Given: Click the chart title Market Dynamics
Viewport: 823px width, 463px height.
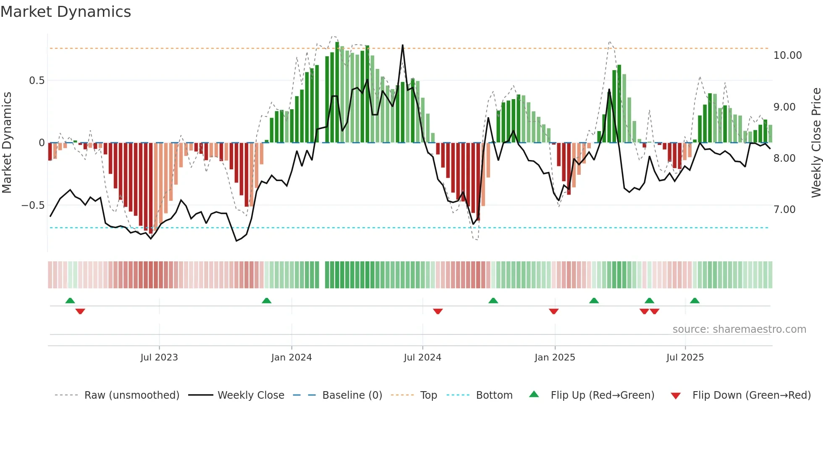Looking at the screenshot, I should (66, 12).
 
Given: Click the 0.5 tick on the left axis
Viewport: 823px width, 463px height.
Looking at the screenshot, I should (37, 81).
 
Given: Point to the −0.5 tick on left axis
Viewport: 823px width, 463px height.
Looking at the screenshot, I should (33, 205).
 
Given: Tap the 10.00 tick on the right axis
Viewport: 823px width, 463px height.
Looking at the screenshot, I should (787, 55).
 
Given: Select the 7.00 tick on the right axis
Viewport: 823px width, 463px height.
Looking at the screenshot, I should (784, 210).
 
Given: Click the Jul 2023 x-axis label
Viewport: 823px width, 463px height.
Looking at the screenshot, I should (159, 358).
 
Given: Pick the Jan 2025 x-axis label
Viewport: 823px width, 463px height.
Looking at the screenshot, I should (555, 358).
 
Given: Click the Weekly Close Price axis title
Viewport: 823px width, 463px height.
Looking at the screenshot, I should (816, 143).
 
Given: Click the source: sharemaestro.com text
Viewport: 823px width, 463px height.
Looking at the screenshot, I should (739, 329).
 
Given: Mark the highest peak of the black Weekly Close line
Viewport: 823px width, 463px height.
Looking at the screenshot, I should (403, 45).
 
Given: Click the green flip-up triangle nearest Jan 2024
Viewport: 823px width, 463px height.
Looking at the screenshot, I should (267, 300).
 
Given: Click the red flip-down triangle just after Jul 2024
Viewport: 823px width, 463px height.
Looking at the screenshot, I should (438, 311).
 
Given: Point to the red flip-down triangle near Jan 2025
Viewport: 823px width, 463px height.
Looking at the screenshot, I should (553, 311).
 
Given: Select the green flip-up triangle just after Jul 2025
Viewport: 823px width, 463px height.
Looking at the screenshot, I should (695, 300).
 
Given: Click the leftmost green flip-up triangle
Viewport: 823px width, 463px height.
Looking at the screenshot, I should (70, 300).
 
